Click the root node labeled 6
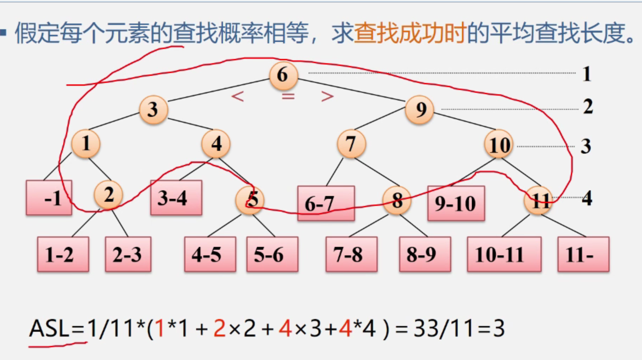click(x=283, y=75)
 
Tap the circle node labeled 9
click(x=420, y=110)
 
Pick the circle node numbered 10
click(x=499, y=145)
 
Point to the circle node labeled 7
click(x=351, y=144)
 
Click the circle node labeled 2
click(x=108, y=194)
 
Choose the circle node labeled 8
click(x=397, y=200)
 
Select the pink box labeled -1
click(x=49, y=198)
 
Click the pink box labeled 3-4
click(x=176, y=197)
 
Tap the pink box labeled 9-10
click(x=456, y=204)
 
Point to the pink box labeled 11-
click(x=583, y=254)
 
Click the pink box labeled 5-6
click(x=272, y=254)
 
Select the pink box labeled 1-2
click(x=63, y=254)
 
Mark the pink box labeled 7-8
click(x=351, y=254)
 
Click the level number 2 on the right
click(x=587, y=107)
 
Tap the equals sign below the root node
click(x=288, y=96)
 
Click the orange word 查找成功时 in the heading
click(x=410, y=34)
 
